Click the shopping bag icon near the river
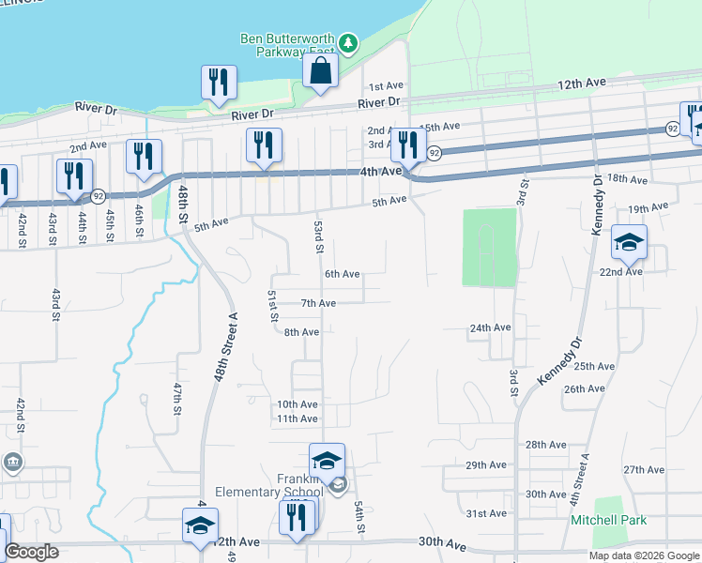click(320, 70)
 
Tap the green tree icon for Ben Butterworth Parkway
click(348, 42)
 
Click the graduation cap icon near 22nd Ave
click(629, 244)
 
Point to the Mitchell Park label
click(609, 520)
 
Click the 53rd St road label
click(318, 238)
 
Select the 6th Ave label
click(342, 274)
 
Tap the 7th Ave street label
click(318, 303)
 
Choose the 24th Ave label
click(490, 327)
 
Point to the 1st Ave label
click(385, 85)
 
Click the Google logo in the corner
click(31, 552)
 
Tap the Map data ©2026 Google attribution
click(644, 555)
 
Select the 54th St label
click(359, 517)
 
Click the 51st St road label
click(273, 306)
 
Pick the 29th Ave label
click(486, 464)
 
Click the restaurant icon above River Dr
click(218, 82)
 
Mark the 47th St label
click(176, 398)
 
